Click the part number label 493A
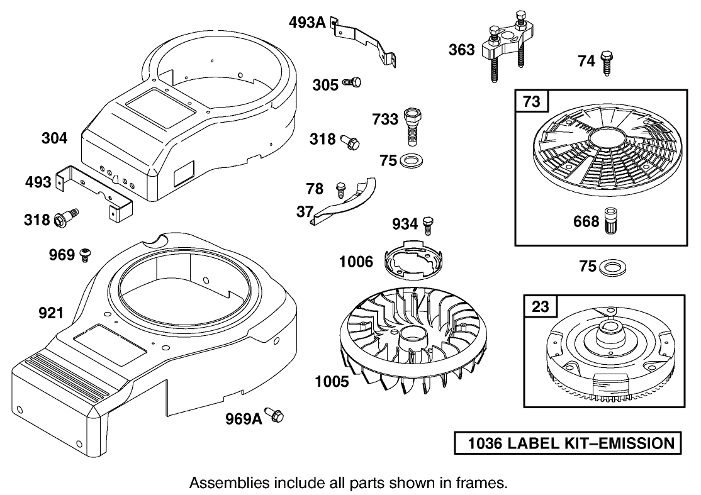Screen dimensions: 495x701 [307, 23]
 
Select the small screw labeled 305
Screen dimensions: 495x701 [352, 83]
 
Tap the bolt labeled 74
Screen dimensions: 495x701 [607, 63]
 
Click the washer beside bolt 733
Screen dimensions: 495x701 [412, 160]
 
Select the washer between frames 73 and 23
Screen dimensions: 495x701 [610, 267]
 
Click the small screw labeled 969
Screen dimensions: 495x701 [85, 255]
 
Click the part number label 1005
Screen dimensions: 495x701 [332, 381]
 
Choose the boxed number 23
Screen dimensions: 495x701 [541, 307]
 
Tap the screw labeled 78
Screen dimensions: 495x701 [341, 187]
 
